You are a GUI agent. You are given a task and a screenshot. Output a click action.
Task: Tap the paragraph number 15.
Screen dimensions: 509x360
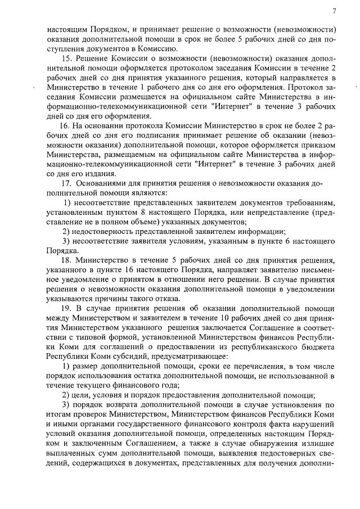point(66,58)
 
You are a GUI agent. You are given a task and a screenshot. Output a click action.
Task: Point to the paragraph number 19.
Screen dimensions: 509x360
point(66,309)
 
